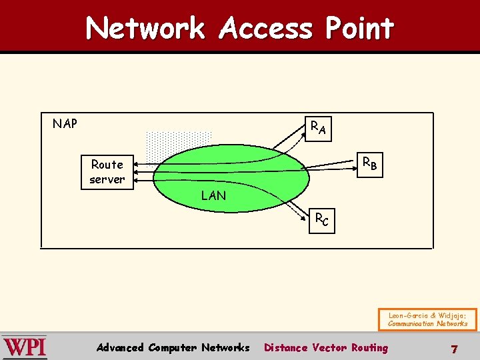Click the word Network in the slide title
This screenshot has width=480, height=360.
pos(145,29)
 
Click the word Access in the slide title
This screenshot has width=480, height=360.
pos(265,29)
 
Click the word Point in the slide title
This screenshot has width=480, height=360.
pos(360,29)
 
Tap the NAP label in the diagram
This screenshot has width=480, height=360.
pos(65,123)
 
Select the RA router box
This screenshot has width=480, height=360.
pos(318,127)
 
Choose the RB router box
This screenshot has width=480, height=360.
pos(369,163)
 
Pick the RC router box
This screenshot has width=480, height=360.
pos(321,219)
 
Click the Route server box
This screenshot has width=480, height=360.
pos(107,171)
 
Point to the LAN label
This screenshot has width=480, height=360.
pos(213,195)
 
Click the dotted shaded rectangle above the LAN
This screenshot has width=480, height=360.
pos(178,142)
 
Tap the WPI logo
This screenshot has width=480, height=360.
pos(24,347)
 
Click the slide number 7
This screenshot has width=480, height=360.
pos(454,349)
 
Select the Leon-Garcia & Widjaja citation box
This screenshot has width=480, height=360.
pos(428,319)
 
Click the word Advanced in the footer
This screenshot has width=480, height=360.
pos(120,347)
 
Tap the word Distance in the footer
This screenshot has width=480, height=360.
pos(286,347)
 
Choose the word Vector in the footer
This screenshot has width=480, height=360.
pos(329,347)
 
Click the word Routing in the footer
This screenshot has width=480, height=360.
pos(369,347)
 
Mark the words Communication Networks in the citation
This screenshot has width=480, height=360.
pos(428,324)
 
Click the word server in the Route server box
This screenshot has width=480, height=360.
pos(107,179)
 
